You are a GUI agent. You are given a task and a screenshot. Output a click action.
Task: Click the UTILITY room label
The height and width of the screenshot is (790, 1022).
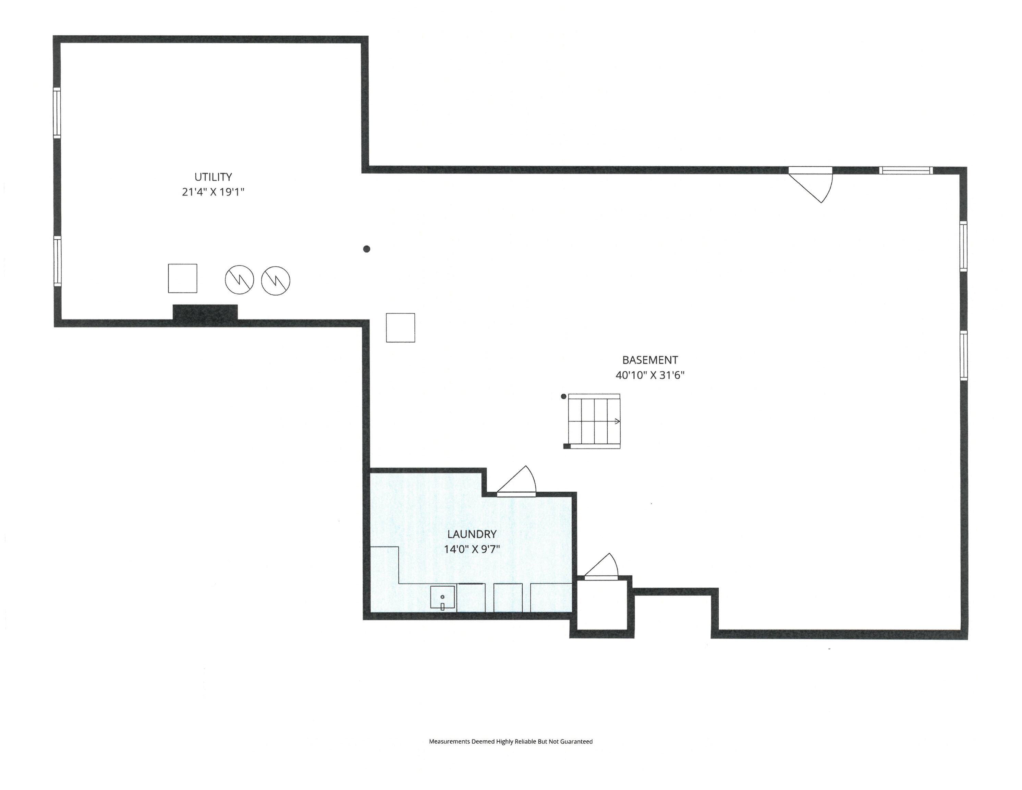click(x=213, y=177)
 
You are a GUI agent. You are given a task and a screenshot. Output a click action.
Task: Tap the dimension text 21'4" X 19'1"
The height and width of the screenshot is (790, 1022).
click(x=213, y=192)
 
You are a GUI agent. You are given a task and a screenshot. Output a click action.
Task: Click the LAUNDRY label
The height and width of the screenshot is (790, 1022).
click(x=472, y=534)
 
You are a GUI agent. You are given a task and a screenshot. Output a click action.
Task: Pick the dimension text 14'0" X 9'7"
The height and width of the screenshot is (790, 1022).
click(x=472, y=549)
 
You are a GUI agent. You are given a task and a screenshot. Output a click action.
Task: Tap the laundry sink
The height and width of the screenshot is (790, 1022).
click(x=443, y=598)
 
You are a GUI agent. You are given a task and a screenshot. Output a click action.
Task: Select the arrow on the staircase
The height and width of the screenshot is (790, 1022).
click(x=617, y=421)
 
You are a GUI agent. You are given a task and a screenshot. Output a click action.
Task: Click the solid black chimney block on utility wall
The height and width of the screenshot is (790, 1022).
click(x=205, y=312)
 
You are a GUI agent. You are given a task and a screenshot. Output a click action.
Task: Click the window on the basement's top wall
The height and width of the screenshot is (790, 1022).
click(x=905, y=170)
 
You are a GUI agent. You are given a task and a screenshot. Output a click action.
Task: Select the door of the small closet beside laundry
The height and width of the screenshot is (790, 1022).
click(x=601, y=567)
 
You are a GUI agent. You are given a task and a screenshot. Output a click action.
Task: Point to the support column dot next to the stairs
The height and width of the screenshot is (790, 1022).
click(x=563, y=397)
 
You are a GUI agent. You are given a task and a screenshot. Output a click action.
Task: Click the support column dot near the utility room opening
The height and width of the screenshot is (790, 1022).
click(x=366, y=249)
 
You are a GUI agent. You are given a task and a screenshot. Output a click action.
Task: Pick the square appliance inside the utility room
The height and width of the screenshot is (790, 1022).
click(x=182, y=279)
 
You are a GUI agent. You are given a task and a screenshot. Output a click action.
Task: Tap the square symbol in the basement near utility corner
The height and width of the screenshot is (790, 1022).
click(x=400, y=328)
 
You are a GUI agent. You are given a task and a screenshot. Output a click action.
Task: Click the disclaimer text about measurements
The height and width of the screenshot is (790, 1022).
click(x=511, y=741)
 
